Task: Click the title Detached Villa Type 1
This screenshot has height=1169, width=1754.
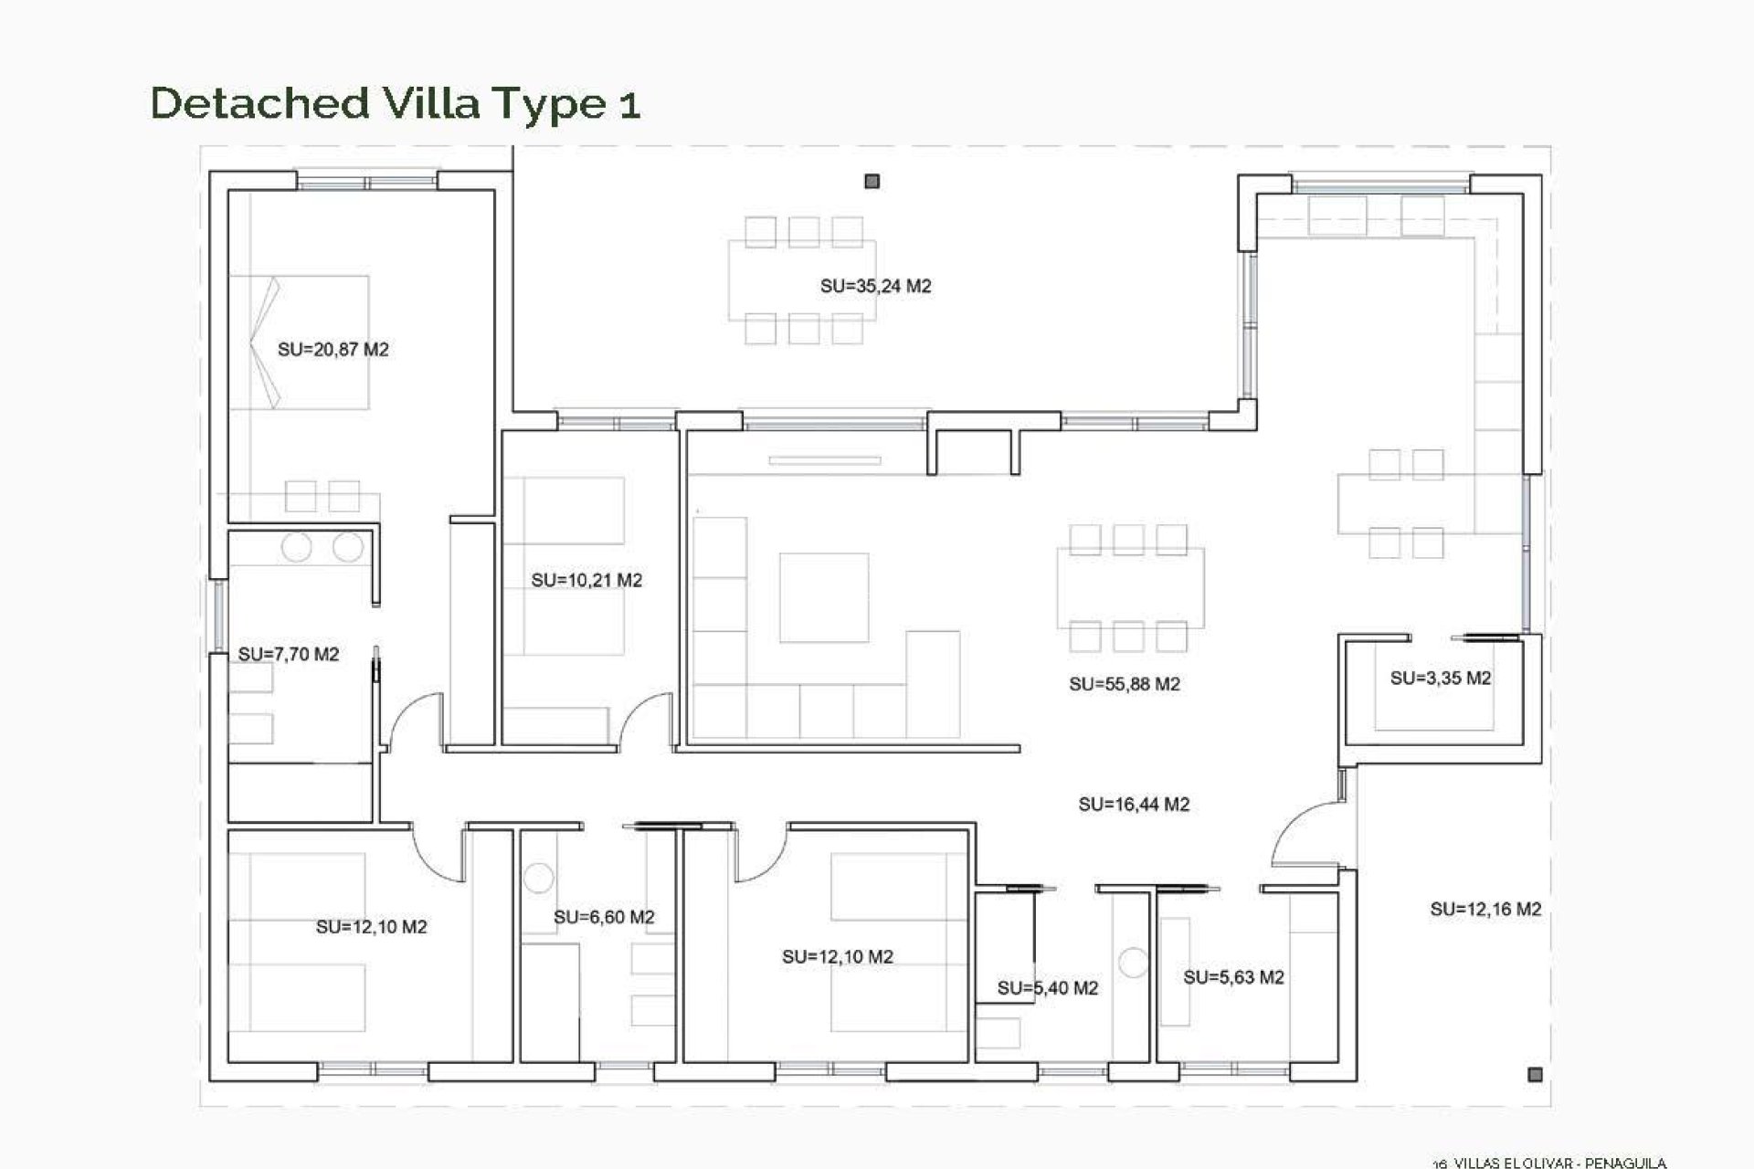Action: (395, 103)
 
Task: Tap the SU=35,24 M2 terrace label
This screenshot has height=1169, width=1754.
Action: (875, 286)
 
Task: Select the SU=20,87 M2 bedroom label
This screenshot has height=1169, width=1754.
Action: (333, 349)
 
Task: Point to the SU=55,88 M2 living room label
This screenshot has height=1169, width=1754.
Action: (1124, 684)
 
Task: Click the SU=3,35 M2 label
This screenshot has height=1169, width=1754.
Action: (1440, 678)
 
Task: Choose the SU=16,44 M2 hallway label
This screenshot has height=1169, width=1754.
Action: (1133, 805)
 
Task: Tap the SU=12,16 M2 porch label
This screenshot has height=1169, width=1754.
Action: (1485, 909)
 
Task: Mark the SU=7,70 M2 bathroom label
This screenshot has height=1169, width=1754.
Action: (288, 654)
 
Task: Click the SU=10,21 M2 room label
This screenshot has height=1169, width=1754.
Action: (586, 580)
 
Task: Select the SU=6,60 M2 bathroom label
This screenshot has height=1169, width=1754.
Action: (604, 917)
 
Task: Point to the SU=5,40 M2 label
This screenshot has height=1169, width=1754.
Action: (1047, 987)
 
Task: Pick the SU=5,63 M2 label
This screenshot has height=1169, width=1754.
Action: (1233, 977)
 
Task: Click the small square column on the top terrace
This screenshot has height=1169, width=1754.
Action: (872, 182)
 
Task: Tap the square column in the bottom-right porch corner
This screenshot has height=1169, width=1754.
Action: (1535, 1074)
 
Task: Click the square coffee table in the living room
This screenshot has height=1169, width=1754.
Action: (823, 597)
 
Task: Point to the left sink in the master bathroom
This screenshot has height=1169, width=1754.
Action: (297, 548)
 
